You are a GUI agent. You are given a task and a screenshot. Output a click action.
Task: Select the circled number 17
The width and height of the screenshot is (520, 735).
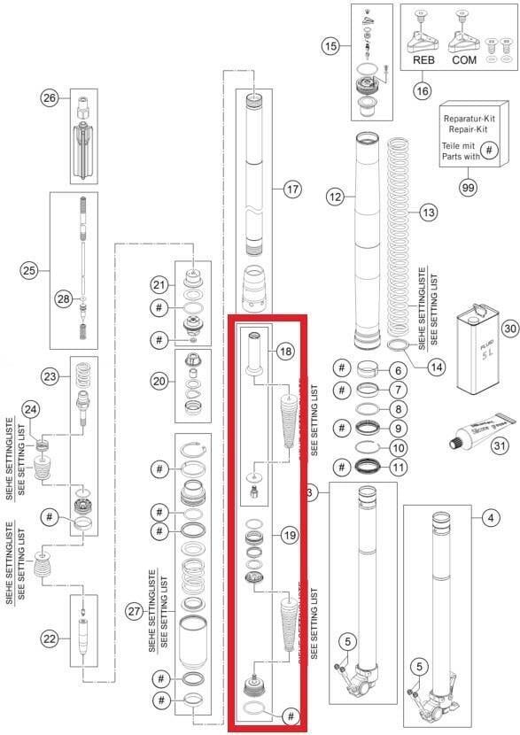tap(293, 189)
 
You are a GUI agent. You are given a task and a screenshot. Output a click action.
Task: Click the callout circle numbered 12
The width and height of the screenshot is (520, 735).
tap(334, 199)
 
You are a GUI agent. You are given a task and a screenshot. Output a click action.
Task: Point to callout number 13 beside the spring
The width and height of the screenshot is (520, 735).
tap(429, 213)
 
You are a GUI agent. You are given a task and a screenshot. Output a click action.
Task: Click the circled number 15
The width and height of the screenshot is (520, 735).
tap(331, 45)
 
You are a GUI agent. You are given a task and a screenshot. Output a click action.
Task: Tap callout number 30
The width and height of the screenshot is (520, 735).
tap(508, 327)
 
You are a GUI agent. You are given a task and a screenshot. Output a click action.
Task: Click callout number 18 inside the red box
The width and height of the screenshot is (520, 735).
tap(284, 351)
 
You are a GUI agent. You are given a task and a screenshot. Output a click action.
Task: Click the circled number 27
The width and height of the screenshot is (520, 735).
tap(135, 610)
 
